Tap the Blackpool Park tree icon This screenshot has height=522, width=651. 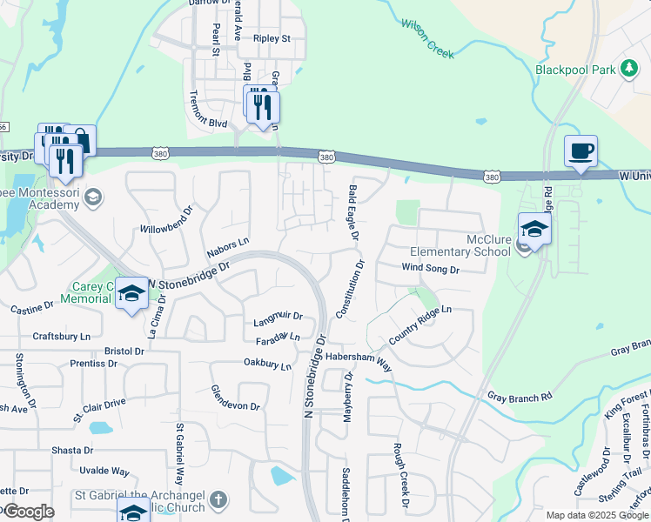pos(628,69)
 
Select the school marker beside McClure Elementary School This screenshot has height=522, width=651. pos(534,231)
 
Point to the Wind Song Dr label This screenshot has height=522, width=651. pos(430,270)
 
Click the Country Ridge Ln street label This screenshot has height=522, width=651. pos(420,324)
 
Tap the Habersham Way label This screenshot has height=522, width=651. pos(359,363)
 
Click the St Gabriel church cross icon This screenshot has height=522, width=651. pos(218,500)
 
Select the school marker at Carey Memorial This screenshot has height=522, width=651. pos(131,294)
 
